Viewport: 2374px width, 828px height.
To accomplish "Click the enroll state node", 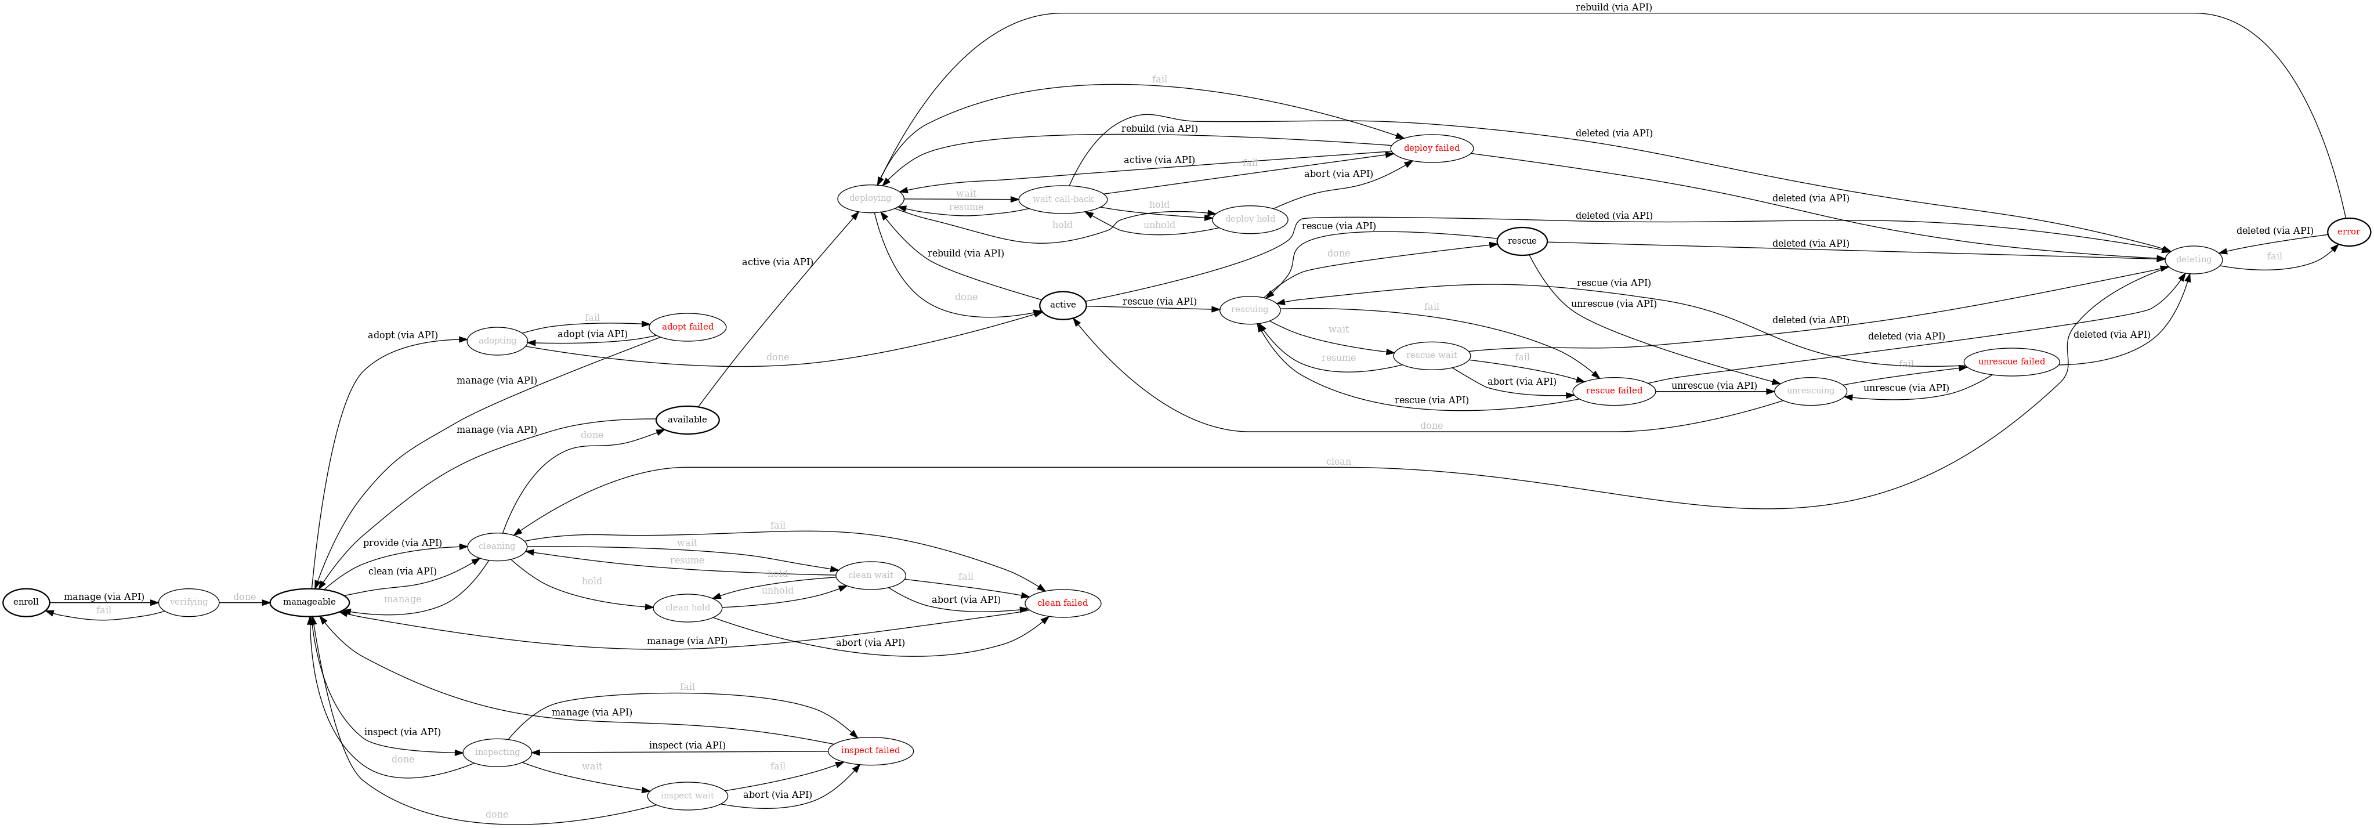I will point(26,602).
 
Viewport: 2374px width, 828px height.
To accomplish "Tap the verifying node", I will point(189,602).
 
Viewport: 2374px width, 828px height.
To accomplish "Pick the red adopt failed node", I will point(687,327).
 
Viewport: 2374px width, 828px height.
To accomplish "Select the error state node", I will point(2347,230).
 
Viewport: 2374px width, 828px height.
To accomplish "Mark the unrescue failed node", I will point(2011,361).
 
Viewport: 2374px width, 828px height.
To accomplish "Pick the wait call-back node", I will point(1063,199).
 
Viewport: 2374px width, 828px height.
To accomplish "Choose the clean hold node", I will point(687,608).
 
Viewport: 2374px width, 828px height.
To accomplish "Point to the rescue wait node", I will point(1431,355).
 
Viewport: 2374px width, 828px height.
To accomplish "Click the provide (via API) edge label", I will point(402,543).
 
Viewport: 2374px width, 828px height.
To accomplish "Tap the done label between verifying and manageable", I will point(244,596).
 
